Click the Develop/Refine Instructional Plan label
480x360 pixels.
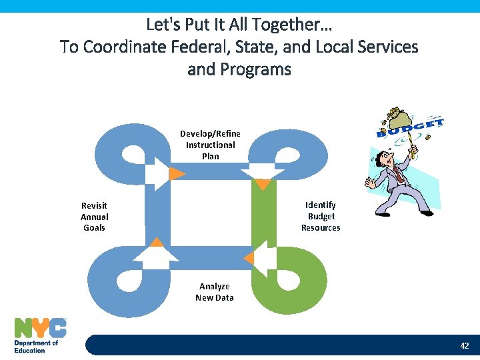pos(210,145)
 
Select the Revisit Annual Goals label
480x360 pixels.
pos(94,217)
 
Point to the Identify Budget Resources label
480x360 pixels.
pos(321,217)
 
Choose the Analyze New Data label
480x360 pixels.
pos(214,292)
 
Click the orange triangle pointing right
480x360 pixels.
pos(175,174)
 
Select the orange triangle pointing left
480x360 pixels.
pos(249,257)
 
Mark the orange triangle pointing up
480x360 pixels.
pos(157,243)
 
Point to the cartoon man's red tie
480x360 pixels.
pos(397,175)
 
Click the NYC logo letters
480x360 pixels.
pos(40,328)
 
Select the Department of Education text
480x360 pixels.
pos(36,346)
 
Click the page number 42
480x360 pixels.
pos(464,346)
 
